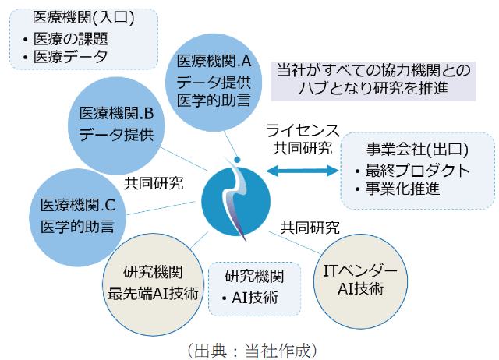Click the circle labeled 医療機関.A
tap(213, 79)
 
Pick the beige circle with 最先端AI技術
tap(153, 283)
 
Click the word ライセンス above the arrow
tap(302, 129)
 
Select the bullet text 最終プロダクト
tap(418, 169)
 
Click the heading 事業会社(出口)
tap(418, 148)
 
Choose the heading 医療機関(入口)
tap(72, 17)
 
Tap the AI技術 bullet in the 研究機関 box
tap(253, 297)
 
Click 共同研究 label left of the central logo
tap(154, 184)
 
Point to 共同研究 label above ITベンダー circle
tap(310, 228)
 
